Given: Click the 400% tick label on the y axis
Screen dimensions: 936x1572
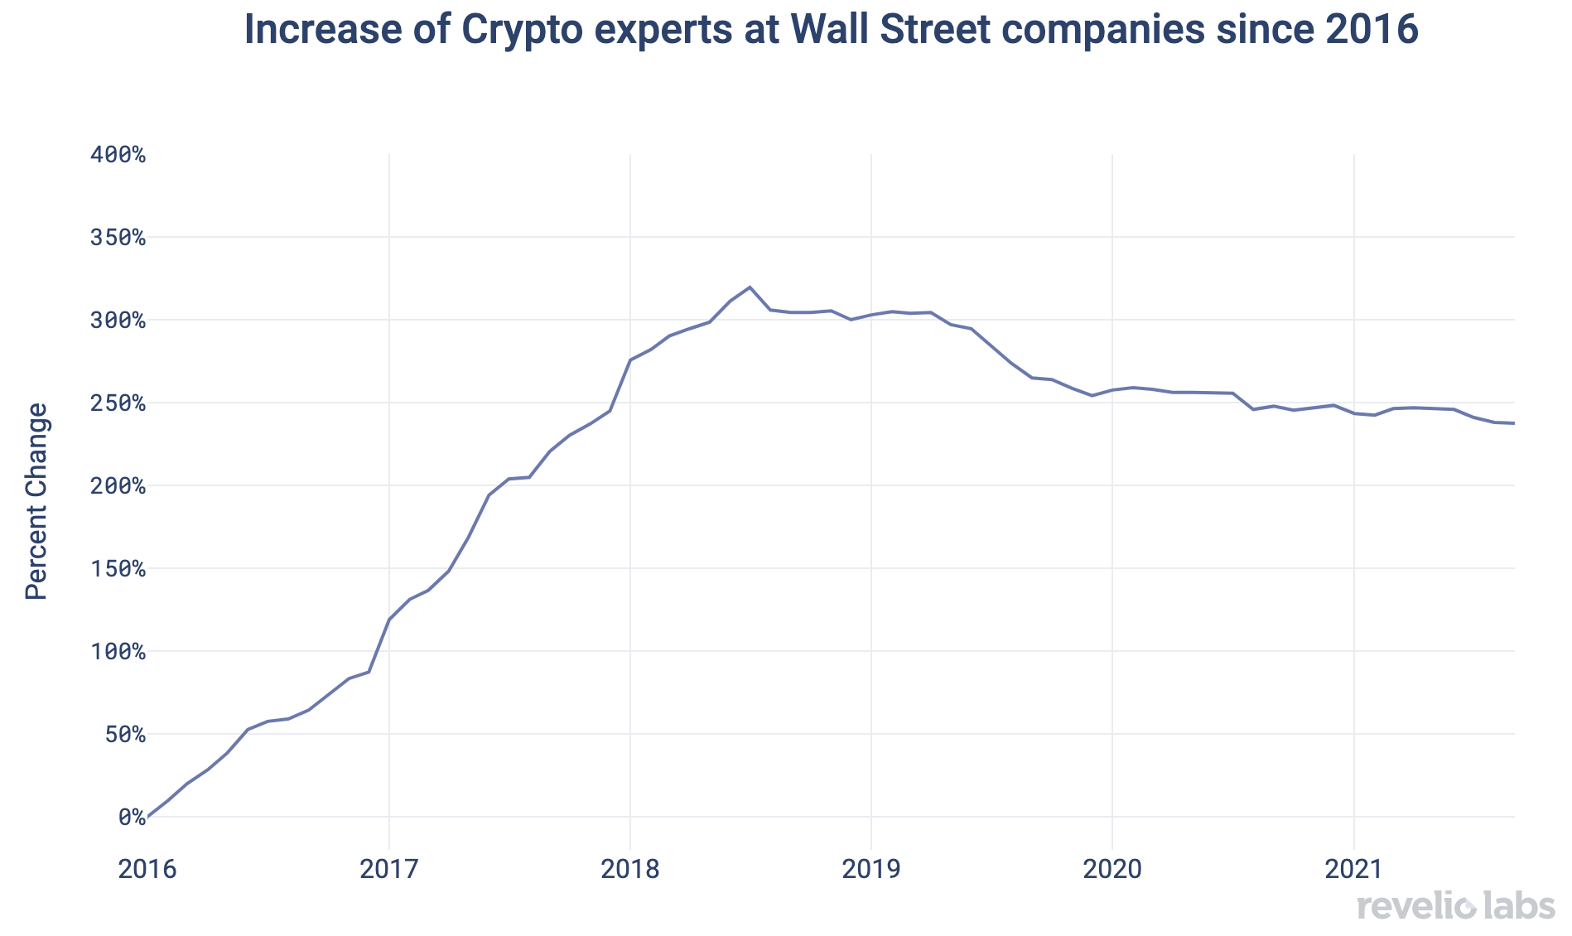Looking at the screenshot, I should [117, 155].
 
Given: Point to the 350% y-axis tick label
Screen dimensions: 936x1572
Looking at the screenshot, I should [117, 238].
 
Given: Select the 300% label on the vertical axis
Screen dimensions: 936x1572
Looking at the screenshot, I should [117, 321].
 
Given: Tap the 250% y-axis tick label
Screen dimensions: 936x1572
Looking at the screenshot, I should [117, 403].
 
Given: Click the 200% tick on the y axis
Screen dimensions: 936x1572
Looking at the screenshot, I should [117, 486].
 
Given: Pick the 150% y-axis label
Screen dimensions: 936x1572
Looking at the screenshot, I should [117, 569].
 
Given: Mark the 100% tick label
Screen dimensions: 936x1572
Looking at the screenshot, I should [117, 652].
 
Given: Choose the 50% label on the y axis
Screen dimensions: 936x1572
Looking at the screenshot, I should [123, 735].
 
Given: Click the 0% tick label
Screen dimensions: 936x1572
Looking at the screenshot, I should [130, 818].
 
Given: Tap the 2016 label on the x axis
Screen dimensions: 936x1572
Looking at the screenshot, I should [147, 869].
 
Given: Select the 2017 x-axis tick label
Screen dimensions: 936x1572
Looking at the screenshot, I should [389, 869].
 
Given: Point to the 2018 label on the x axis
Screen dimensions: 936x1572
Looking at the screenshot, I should [630, 869].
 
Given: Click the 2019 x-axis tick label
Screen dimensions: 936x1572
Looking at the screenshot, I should [871, 869].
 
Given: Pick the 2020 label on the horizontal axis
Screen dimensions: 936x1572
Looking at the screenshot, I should [1112, 869].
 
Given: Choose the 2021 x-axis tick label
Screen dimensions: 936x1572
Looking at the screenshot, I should [1354, 869].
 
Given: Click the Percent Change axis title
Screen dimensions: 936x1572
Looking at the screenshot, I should [36, 501].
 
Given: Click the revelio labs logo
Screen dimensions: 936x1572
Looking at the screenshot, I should [1456, 906].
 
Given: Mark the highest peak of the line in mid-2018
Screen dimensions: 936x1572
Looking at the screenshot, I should [750, 287].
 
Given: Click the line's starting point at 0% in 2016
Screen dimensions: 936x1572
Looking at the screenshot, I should [148, 817].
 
